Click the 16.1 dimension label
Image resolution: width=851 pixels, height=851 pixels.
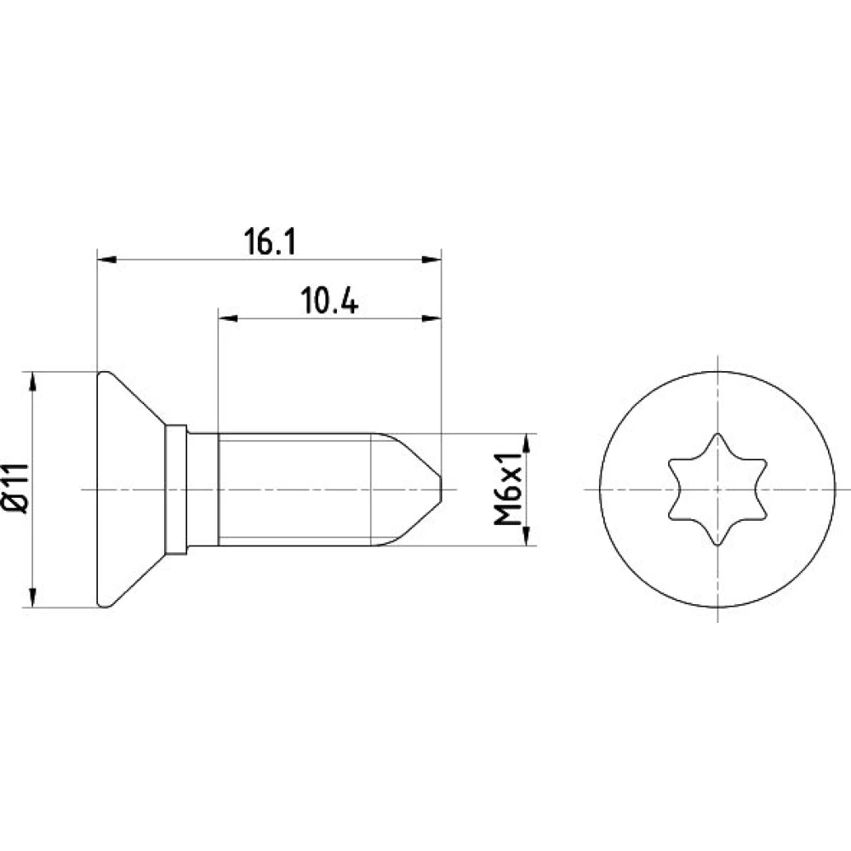pyautogui.click(x=270, y=242)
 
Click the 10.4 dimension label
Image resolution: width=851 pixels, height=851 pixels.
pyautogui.click(x=329, y=301)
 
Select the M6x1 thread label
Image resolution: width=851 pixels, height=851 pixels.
pyautogui.click(x=508, y=489)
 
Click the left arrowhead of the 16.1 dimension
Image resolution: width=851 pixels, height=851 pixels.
pyautogui.click(x=106, y=260)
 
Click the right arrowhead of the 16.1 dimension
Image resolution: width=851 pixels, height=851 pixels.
pyautogui.click(x=431, y=260)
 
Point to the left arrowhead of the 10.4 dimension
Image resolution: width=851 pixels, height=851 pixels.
pyautogui.click(x=227, y=318)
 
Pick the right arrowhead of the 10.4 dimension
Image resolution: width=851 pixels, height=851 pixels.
pyautogui.click(x=431, y=318)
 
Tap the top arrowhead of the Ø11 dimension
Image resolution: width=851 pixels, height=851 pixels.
pyautogui.click(x=33, y=381)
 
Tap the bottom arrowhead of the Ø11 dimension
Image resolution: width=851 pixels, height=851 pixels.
pyautogui.click(x=33, y=598)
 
